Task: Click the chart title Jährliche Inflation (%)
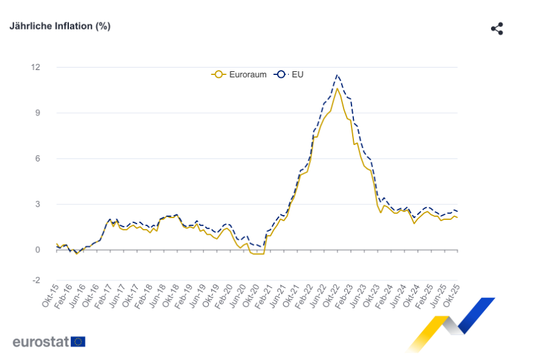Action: point(60,26)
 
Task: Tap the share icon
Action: point(497,29)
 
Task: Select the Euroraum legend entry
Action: point(240,74)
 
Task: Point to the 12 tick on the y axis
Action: point(35,67)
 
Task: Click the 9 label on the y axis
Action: point(37,113)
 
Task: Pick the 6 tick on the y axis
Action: point(37,158)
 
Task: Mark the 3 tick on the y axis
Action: point(37,204)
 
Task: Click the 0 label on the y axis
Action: point(37,250)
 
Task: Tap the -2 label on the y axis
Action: point(36,280)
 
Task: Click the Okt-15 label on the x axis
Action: point(49,296)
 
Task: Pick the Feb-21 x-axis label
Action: point(263,296)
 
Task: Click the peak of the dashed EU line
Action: point(337,75)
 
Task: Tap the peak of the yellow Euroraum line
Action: point(337,88)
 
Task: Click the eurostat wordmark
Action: point(41,342)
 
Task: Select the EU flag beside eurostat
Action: point(78,342)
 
